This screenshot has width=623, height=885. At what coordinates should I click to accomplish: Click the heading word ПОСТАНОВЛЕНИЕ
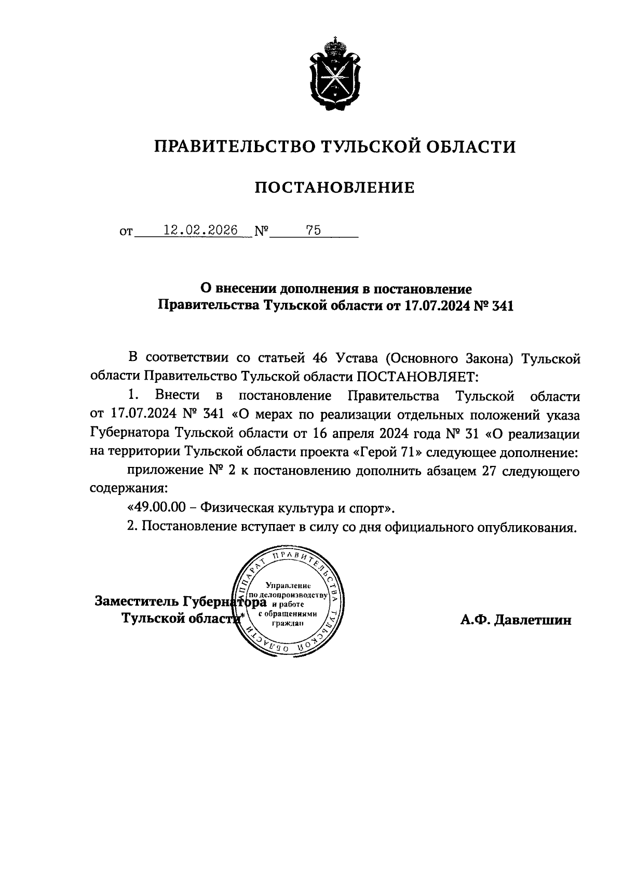[334, 187]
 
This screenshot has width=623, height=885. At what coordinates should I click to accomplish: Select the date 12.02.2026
[200, 231]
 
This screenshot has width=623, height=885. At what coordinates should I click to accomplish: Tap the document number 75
[313, 231]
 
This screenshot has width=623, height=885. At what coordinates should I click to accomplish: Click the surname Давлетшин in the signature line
[533, 620]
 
